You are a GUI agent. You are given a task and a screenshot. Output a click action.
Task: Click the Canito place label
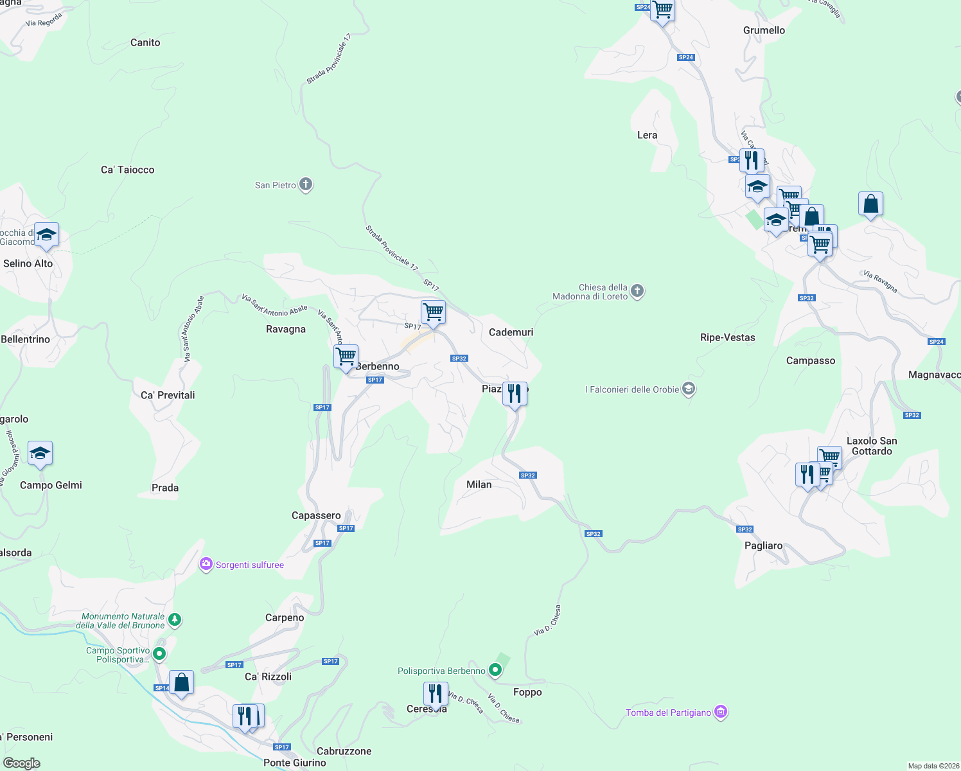pyautogui.click(x=145, y=42)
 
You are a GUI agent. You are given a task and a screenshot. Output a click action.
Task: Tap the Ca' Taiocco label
pyautogui.click(x=128, y=170)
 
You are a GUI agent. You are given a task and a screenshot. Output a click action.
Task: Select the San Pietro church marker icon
pyautogui.click(x=306, y=185)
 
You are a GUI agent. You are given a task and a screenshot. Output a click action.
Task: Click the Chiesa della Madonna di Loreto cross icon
pyautogui.click(x=637, y=292)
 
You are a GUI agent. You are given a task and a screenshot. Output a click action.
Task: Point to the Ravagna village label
pyautogui.click(x=286, y=329)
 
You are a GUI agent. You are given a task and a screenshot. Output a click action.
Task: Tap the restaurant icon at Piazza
pyautogui.click(x=515, y=393)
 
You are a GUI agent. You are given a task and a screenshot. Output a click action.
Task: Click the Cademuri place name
pyautogui.click(x=511, y=332)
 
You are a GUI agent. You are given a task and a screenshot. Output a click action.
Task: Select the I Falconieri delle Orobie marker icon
pyautogui.click(x=689, y=389)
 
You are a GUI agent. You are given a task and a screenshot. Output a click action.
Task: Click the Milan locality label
pyautogui.click(x=479, y=484)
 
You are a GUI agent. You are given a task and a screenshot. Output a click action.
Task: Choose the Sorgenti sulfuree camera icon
pyautogui.click(x=206, y=565)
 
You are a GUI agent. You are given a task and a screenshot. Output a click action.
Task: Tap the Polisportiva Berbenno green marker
pyautogui.click(x=495, y=671)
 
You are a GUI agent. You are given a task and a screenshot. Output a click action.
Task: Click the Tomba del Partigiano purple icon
pyautogui.click(x=721, y=712)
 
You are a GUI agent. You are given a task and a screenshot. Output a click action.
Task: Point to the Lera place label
pyautogui.click(x=647, y=135)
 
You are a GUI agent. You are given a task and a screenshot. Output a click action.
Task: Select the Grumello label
pyautogui.click(x=764, y=30)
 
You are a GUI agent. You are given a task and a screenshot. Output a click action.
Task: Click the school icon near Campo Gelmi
pyautogui.click(x=40, y=454)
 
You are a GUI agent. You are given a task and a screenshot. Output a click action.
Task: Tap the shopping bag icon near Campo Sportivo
pyautogui.click(x=182, y=682)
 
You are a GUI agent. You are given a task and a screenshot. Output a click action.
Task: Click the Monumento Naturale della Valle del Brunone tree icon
pyautogui.click(x=175, y=621)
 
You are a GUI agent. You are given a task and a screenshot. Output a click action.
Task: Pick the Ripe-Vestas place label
pyautogui.click(x=728, y=337)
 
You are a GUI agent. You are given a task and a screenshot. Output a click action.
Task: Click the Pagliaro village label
pyautogui.click(x=764, y=545)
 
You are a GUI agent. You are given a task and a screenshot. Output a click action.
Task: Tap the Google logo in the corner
pyautogui.click(x=22, y=763)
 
